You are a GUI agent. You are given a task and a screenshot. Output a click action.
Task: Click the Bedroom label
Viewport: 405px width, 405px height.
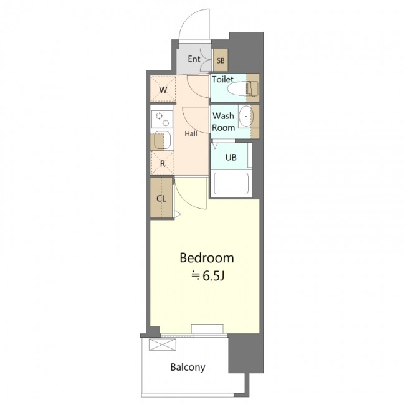207,258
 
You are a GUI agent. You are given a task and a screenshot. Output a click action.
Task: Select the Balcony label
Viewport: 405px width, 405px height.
188,367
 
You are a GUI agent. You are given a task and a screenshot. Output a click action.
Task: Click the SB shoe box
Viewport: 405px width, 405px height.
221,60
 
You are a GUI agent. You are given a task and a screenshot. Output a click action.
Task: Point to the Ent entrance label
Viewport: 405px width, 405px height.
194,59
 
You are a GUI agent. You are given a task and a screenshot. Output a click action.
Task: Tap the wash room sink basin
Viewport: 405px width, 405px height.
246,117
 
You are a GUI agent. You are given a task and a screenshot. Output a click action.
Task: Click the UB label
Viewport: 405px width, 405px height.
231,157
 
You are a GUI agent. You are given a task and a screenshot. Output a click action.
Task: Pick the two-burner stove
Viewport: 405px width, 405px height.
162,119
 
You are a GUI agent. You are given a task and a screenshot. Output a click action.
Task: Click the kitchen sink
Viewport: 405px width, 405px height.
162,141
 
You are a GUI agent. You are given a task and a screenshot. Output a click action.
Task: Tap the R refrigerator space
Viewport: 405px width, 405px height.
163,163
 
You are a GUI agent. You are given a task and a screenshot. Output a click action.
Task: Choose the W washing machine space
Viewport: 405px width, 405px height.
163,89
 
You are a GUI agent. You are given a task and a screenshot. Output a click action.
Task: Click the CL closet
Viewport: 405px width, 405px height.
161,198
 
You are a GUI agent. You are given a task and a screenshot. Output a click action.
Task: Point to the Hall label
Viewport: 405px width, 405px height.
191,133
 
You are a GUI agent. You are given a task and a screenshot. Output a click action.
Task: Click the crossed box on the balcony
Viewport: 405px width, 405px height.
163,345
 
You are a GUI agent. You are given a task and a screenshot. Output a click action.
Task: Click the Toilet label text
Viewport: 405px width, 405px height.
222,79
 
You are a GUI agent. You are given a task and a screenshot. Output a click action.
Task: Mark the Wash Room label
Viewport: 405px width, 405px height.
224,121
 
